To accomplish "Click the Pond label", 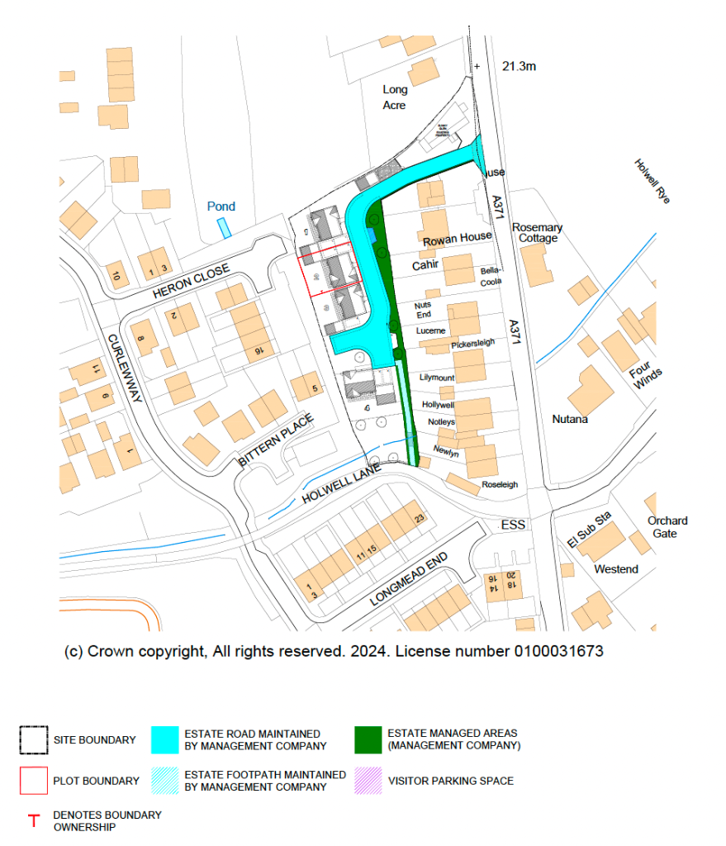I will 221,207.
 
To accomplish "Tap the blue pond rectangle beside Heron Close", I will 224,227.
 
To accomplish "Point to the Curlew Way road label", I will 125,368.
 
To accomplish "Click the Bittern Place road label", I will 276,441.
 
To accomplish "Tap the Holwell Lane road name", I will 339,484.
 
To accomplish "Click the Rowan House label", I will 457,238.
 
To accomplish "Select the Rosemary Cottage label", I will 537,233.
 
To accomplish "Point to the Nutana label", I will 570,420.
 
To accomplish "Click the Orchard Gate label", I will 667,527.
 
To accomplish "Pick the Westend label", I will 616,569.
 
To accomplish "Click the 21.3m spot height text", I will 519,66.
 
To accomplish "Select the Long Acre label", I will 395,97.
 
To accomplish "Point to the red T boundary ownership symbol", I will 34,821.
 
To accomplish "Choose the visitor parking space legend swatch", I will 368,781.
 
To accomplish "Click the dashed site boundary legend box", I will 34,740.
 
